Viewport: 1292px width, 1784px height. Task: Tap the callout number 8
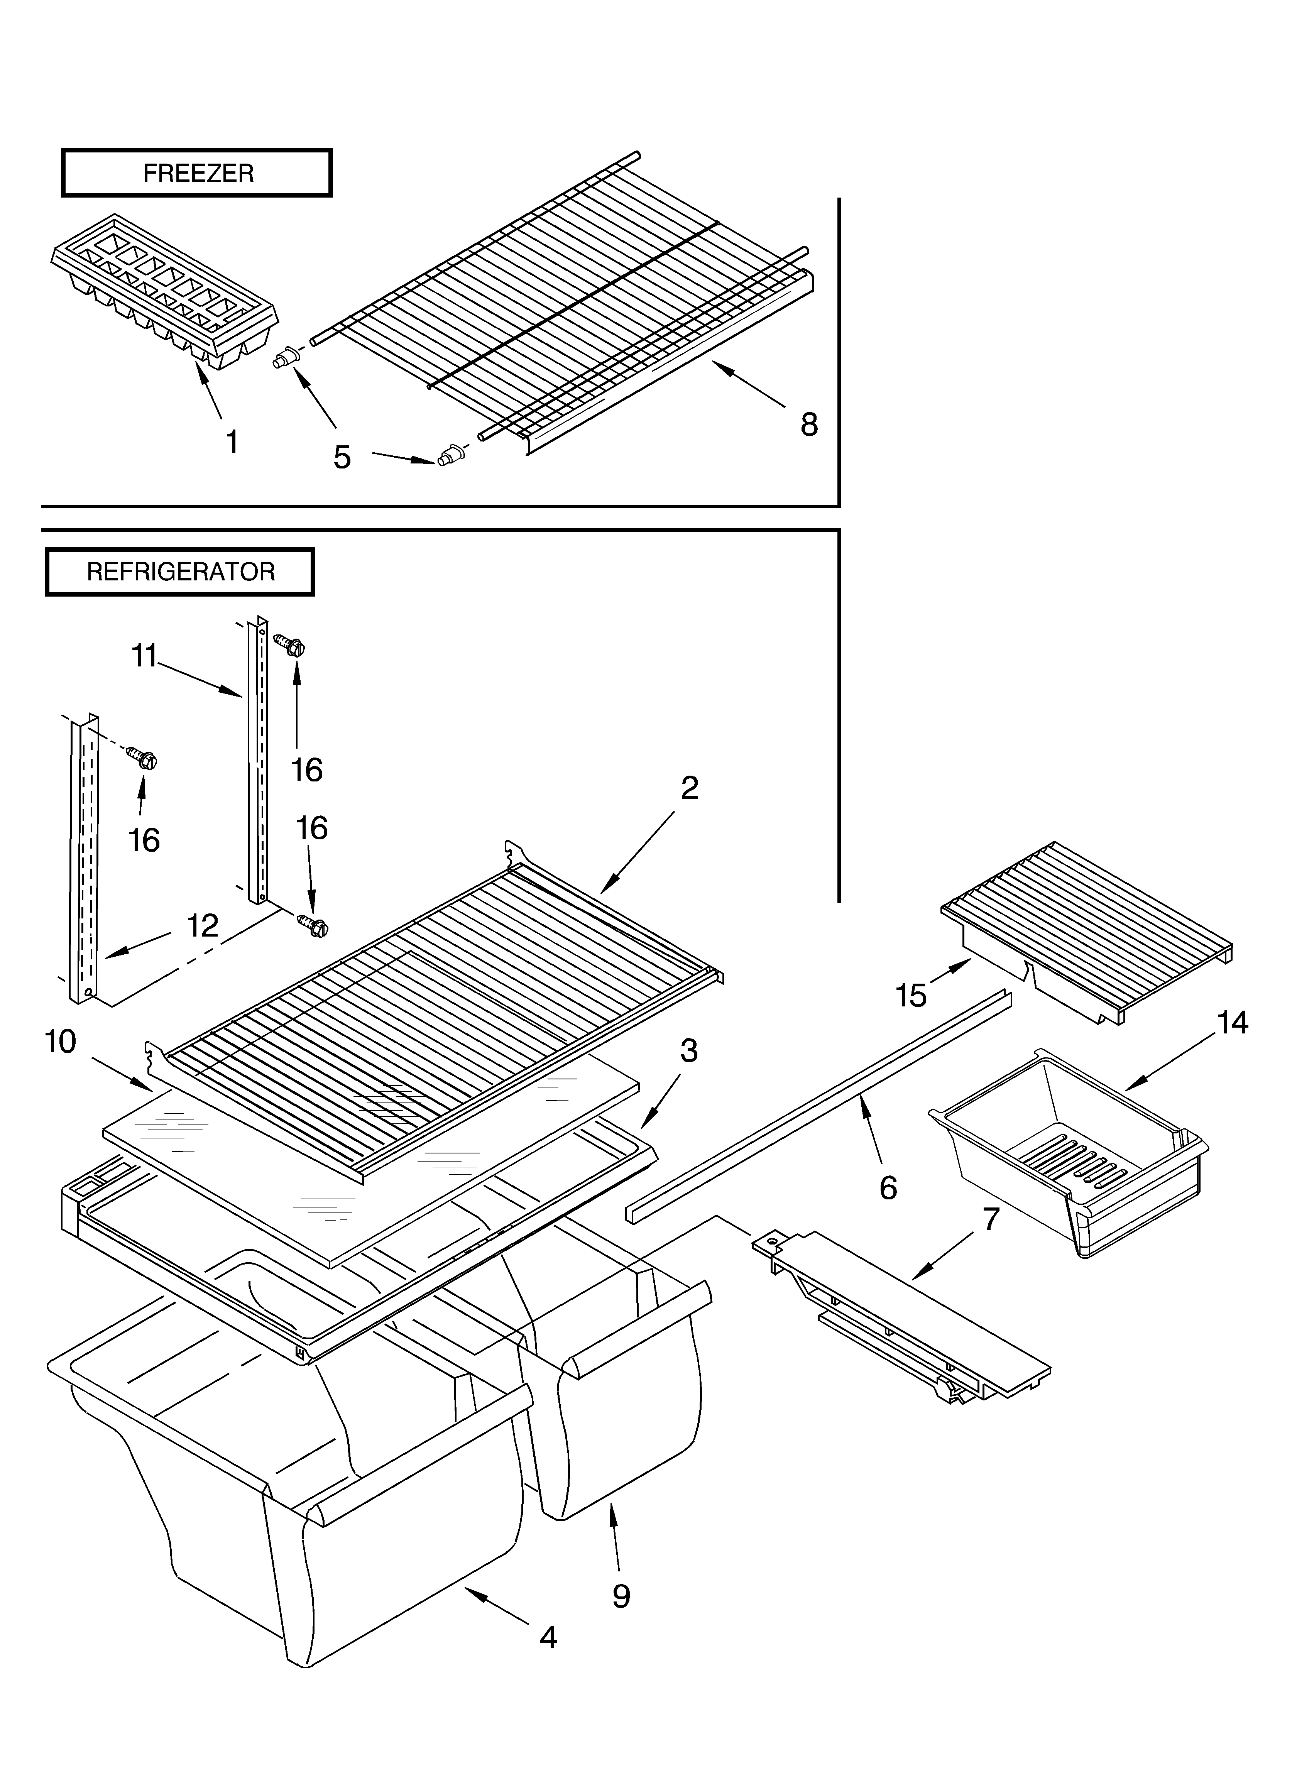click(x=809, y=425)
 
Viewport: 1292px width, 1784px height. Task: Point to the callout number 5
click(x=342, y=457)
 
